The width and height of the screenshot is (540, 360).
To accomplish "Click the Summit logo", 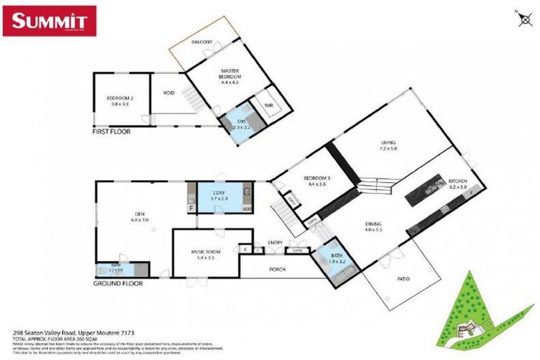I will [x=49, y=20].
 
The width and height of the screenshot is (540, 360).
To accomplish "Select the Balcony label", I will [x=202, y=43].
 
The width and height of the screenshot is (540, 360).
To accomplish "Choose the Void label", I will [x=168, y=91].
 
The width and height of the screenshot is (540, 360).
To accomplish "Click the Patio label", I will [x=403, y=279].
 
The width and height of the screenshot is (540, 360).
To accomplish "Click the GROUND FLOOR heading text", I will [x=117, y=283].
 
